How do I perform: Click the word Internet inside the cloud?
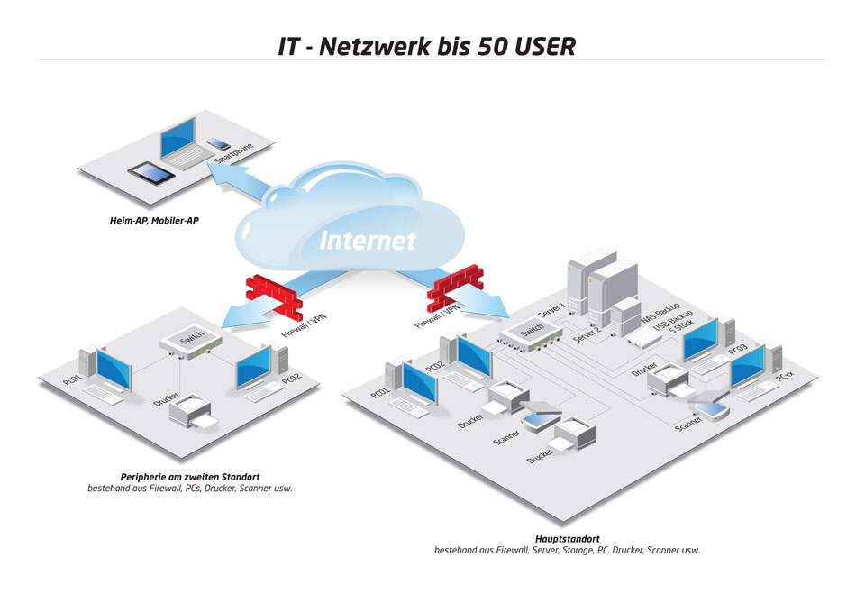tap(368, 241)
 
